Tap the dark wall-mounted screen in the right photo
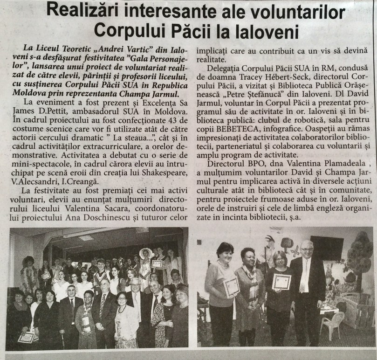[326, 248]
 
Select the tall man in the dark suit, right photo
[307, 294]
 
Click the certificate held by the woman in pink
[231, 287]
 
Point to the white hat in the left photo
[146, 252]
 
